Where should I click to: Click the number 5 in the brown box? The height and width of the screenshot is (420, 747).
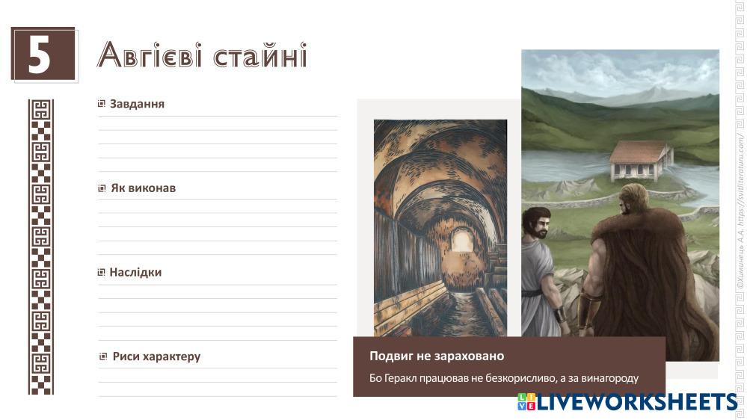40,55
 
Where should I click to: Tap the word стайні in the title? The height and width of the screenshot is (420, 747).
260,55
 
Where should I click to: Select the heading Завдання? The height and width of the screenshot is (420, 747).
137,104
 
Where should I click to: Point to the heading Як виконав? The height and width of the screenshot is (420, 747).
143,188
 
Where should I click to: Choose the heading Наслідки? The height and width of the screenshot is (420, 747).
136,272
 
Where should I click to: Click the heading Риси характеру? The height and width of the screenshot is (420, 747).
157,356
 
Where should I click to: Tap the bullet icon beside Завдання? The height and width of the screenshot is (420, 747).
102,103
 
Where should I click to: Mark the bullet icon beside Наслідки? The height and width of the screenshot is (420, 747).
102,272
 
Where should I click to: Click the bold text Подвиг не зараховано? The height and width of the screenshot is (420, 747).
437,356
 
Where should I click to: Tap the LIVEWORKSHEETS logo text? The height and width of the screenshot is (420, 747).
637,402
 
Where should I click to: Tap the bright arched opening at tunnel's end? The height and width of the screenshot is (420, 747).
461,241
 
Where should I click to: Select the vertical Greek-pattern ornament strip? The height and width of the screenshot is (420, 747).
41,247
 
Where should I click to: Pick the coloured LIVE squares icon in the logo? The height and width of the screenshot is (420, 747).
526,401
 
